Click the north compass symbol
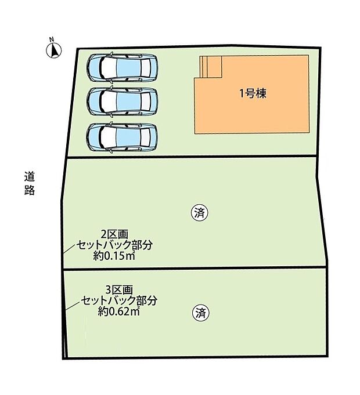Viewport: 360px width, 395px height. [52, 50]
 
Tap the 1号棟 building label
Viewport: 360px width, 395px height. [253, 93]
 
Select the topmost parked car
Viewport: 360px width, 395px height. [122, 68]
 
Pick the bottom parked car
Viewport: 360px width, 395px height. [122, 137]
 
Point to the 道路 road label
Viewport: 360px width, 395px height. [30, 182]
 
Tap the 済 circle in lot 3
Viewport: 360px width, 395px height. [200, 314]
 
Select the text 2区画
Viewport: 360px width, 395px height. [114, 234]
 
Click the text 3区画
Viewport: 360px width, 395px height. [120, 289]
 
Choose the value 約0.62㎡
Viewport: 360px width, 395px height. [119, 311]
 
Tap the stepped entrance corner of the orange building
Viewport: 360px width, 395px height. [210, 66]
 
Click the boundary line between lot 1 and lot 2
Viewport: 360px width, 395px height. [192, 157]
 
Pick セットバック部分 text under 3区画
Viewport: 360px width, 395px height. [119, 300]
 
